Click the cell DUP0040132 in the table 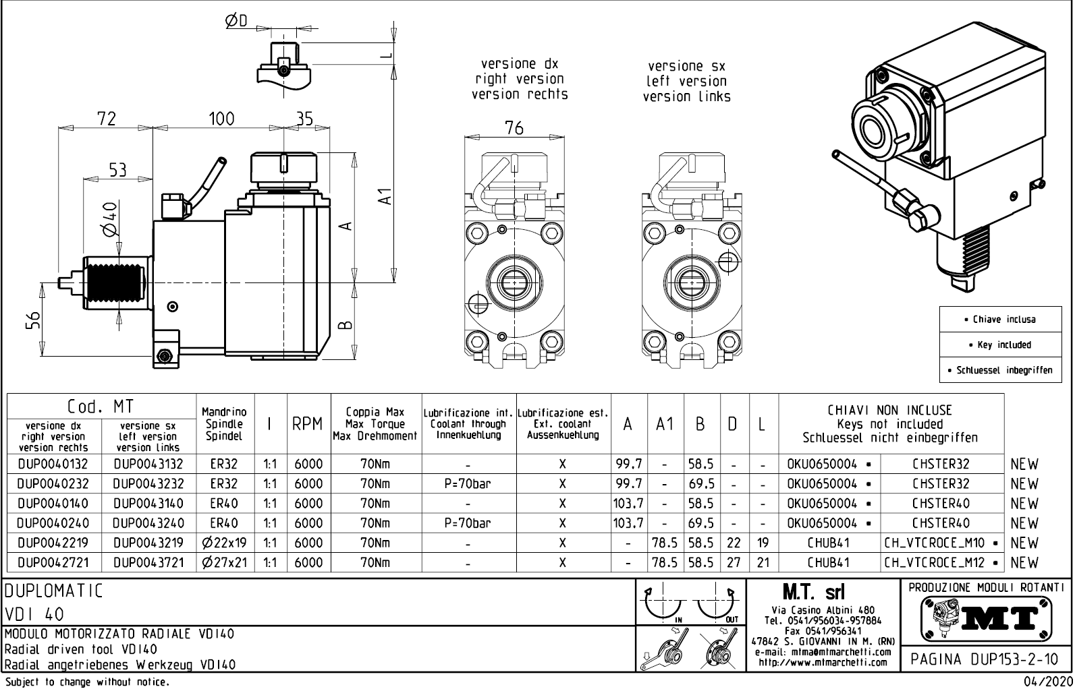53,464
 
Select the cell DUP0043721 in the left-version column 148,562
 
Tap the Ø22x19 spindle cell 225,543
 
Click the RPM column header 308,424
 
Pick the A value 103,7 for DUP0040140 629,504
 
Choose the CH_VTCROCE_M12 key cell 942,562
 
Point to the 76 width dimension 514,128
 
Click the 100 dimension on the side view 221,119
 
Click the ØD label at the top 236,22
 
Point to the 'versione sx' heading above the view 686,66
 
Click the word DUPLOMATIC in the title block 54,591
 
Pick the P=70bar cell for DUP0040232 468,484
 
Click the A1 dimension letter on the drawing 384,196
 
